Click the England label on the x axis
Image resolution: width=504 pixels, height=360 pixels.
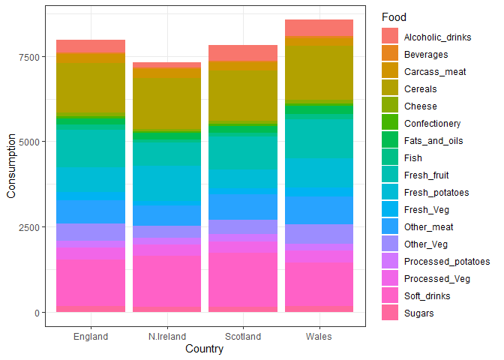coord(91,337)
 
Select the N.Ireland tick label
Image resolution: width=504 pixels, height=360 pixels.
coord(166,337)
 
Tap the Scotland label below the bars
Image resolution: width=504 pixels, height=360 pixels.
coord(243,337)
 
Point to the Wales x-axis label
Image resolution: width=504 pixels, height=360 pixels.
coord(319,337)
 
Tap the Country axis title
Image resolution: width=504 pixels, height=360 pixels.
coord(204,349)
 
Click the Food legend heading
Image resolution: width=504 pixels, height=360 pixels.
coord(394,16)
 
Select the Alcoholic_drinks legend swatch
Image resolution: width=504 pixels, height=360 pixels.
coord(390,37)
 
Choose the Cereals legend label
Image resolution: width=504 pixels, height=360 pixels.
coord(420,89)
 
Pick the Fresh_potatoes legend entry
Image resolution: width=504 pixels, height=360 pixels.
coord(436,193)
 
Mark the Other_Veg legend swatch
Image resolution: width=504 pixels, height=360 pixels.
coord(390,244)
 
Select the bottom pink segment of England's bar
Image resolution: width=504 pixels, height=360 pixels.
coord(91,286)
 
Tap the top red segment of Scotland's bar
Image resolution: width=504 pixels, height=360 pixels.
coord(243,52)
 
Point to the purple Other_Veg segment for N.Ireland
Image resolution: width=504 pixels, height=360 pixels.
coord(166,232)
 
